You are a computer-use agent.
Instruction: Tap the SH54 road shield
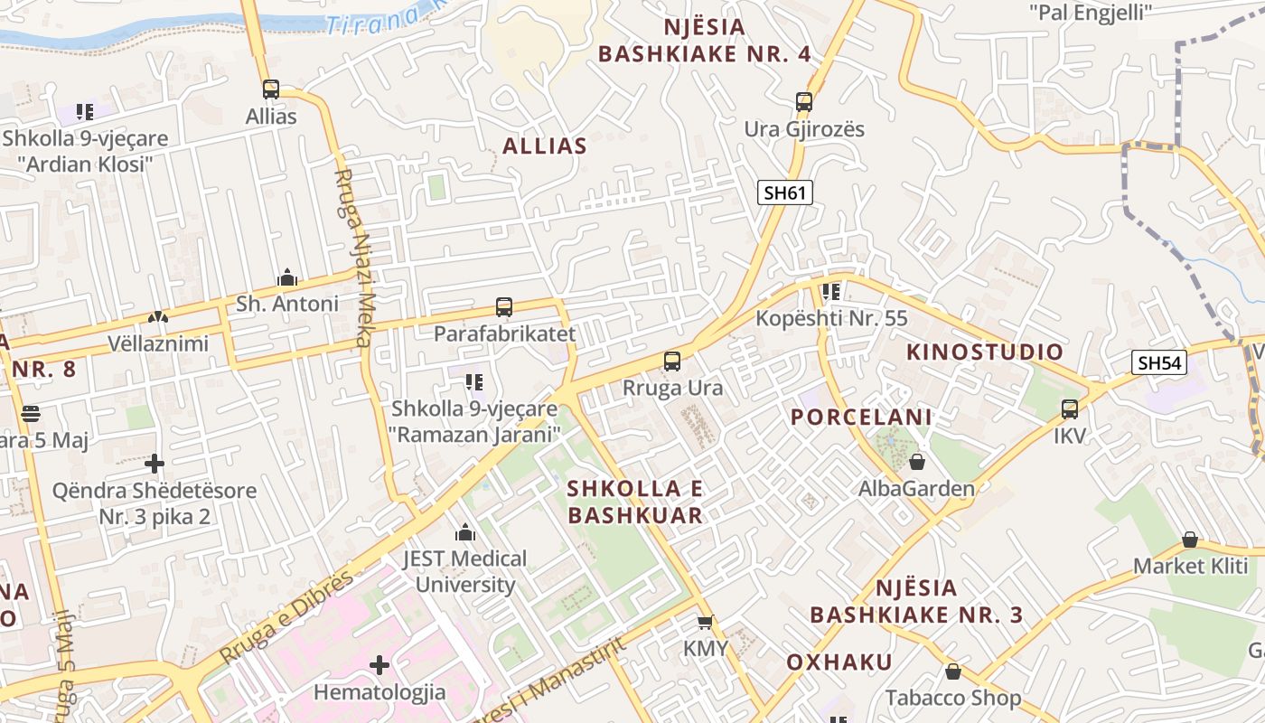tap(1159, 363)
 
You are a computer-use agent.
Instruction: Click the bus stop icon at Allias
tap(271, 89)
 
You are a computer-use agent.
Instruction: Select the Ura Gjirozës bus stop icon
tap(804, 101)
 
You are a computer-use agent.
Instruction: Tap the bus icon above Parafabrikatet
tap(504, 307)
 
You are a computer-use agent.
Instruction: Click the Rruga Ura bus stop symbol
tap(672, 361)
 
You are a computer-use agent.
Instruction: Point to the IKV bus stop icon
tap(1070, 409)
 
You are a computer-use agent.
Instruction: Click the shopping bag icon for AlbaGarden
tap(917, 462)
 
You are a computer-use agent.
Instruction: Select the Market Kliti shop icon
tap(1190, 540)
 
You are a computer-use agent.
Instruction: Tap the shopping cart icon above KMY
tap(706, 622)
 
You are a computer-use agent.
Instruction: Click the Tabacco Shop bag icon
tap(952, 671)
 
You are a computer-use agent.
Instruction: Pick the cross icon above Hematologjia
tap(379, 665)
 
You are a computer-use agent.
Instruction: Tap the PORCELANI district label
tap(861, 418)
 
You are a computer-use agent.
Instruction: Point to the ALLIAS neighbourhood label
tap(545, 146)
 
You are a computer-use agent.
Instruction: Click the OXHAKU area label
tap(839, 662)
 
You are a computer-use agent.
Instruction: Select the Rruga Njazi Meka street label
tap(353, 258)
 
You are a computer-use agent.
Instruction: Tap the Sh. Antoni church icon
tap(287, 277)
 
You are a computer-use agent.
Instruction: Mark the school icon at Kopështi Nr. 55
tap(830, 292)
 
